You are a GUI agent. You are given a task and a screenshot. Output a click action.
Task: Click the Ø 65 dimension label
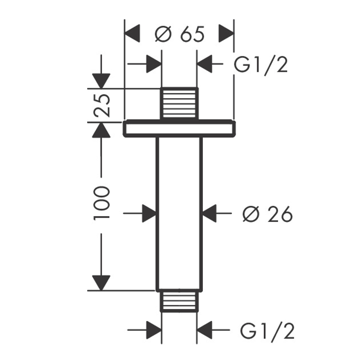click(180, 34)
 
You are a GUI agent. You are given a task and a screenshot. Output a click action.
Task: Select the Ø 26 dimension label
click(267, 215)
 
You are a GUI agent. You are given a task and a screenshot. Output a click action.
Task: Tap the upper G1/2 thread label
click(261, 65)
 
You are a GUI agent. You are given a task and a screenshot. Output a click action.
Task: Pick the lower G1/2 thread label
click(267, 331)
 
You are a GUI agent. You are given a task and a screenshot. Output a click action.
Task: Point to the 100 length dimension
click(101, 203)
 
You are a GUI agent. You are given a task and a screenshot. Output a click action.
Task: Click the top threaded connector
click(179, 103)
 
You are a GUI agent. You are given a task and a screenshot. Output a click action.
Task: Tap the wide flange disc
click(179, 129)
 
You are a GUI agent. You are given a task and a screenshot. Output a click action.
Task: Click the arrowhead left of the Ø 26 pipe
click(149, 213)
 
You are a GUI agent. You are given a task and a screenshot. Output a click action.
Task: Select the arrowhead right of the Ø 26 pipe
click(210, 213)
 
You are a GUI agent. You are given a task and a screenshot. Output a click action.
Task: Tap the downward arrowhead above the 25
click(101, 80)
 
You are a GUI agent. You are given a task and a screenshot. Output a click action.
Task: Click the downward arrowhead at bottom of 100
click(101, 282)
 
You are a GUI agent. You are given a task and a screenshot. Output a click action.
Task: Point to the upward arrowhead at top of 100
click(101, 130)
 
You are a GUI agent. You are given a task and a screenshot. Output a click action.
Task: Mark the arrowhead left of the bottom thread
click(153, 330)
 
